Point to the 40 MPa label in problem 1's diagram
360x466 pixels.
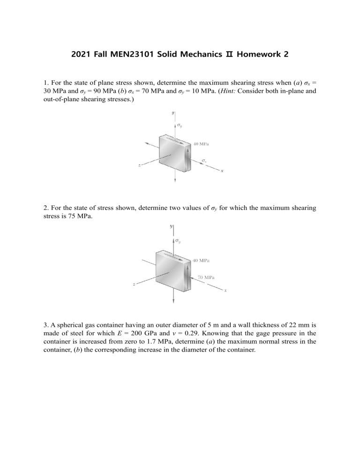pos(201,144)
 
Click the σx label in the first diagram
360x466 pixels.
pos(204,160)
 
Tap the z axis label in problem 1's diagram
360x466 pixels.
pos(140,165)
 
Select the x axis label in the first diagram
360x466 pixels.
pos(222,171)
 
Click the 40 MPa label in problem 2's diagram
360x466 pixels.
pos(201,260)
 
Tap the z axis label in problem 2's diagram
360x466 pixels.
pos(135,284)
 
